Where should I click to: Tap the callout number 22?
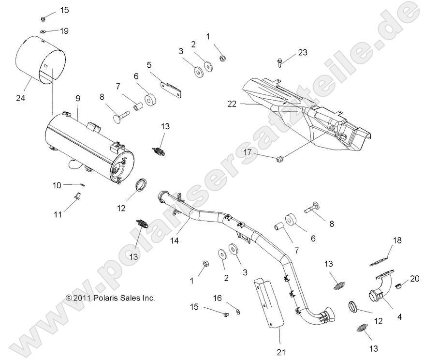(232, 103)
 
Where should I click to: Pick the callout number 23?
(303, 52)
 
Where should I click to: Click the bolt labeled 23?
(281, 61)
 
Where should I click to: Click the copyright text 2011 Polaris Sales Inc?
(110, 298)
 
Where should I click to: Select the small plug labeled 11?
(76, 195)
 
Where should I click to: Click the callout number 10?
(57, 185)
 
